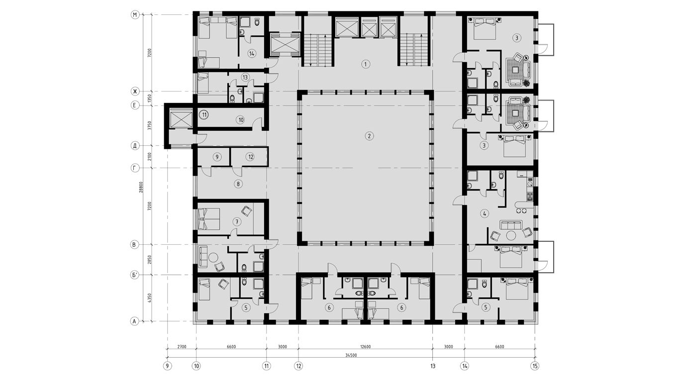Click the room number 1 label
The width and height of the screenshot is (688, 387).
click(x=366, y=64)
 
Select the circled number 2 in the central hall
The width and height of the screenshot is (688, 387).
click(x=369, y=136)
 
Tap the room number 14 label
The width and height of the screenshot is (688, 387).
click(x=252, y=54)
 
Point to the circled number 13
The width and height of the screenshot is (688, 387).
click(x=245, y=77)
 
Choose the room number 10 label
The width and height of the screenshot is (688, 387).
click(x=240, y=120)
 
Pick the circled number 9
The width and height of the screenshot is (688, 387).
click(x=217, y=157)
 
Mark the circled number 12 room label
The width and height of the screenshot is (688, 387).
click(x=250, y=157)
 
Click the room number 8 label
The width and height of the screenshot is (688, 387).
click(x=238, y=184)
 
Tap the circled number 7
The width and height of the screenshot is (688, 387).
click(x=237, y=222)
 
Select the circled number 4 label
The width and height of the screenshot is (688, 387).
click(x=485, y=213)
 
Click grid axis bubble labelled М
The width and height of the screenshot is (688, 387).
click(x=135, y=15)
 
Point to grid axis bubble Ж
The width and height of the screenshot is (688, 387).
click(x=135, y=91)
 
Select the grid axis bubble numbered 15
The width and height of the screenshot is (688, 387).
click(x=535, y=366)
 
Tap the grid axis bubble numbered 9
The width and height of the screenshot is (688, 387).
click(x=167, y=366)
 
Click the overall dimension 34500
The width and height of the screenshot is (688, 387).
click(x=351, y=355)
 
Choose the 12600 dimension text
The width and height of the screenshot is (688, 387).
click(x=365, y=347)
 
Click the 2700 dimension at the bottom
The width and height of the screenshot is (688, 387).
click(x=182, y=347)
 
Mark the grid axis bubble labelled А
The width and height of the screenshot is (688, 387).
click(x=134, y=321)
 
